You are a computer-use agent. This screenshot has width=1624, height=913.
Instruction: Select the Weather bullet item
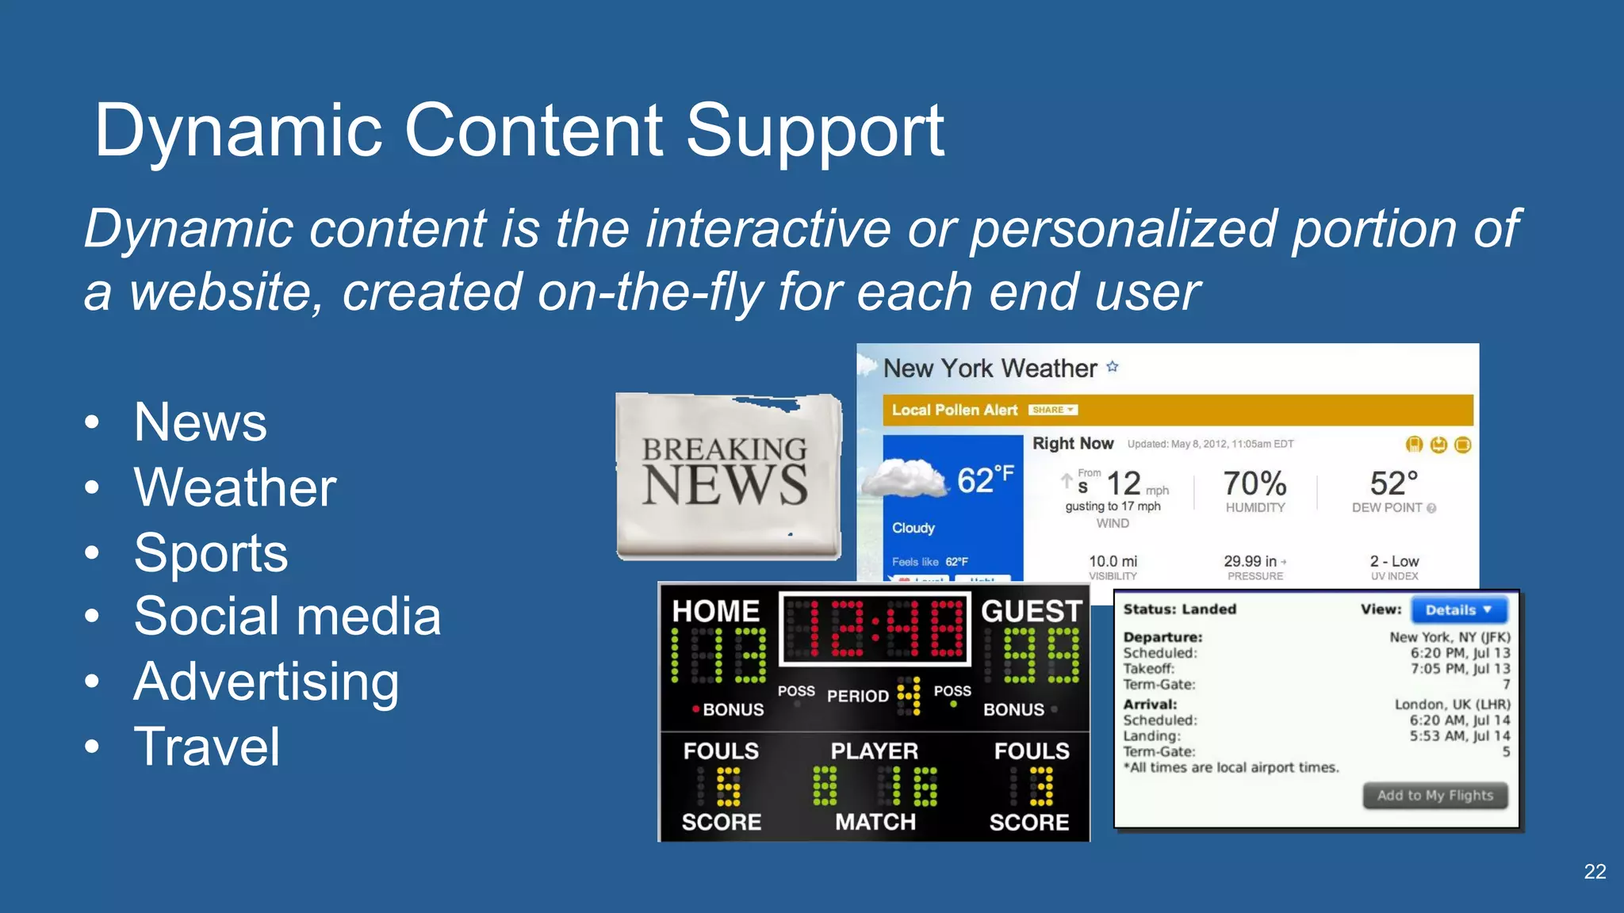click(x=235, y=487)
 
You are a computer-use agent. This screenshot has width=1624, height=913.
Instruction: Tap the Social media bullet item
click(x=287, y=616)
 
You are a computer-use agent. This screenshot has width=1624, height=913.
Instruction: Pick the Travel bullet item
click(x=207, y=747)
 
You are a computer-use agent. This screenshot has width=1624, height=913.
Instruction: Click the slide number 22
click(x=1595, y=872)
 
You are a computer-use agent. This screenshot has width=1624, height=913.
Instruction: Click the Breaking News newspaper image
click(x=727, y=476)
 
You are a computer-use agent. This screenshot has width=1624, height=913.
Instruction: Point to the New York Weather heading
click(x=990, y=369)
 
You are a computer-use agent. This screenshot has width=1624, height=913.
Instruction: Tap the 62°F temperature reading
click(x=984, y=480)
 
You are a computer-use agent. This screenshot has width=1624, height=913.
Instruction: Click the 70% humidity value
click(x=1254, y=483)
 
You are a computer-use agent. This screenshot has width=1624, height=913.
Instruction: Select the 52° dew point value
click(x=1393, y=483)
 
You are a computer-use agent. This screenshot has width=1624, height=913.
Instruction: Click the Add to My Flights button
click(x=1434, y=796)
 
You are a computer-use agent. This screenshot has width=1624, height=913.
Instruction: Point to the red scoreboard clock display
click(x=875, y=628)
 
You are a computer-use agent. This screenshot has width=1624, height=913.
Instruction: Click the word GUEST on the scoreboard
click(x=1031, y=611)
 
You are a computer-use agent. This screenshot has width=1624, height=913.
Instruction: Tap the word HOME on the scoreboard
click(x=715, y=611)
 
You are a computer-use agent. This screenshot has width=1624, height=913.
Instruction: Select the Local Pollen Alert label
click(x=954, y=410)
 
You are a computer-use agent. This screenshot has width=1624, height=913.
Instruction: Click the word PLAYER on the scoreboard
click(x=874, y=751)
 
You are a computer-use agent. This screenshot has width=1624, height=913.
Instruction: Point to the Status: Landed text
click(x=1179, y=609)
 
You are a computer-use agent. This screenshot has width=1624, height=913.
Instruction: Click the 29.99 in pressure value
click(x=1250, y=561)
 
